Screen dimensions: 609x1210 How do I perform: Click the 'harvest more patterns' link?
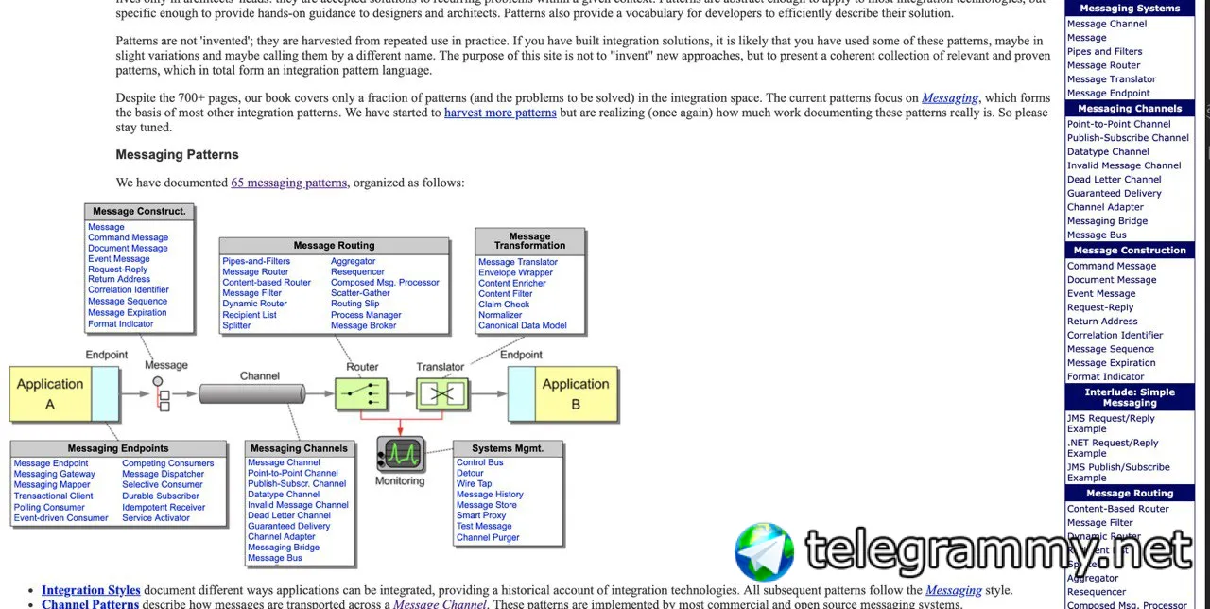pyautogui.click(x=500, y=113)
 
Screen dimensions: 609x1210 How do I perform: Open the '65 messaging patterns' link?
pyautogui.click(x=288, y=183)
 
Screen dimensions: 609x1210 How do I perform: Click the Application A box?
pyautogui.click(x=51, y=393)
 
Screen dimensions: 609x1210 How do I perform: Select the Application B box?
pyautogui.click(x=575, y=393)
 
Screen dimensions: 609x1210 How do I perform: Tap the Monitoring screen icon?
pyautogui.click(x=400, y=454)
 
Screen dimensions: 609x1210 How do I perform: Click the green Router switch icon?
pyautogui.click(x=361, y=392)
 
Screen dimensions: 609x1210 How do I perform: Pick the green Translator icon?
pyautogui.click(x=441, y=392)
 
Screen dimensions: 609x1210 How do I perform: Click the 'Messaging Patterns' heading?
pyautogui.click(x=177, y=154)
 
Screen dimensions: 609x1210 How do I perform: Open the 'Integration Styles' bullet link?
pyautogui.click(x=91, y=590)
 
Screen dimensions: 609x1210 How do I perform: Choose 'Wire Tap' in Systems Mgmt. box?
pyautogui.click(x=474, y=483)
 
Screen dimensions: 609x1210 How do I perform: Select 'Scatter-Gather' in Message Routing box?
pyautogui.click(x=360, y=293)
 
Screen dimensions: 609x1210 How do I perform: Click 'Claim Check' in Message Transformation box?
pyautogui.click(x=504, y=304)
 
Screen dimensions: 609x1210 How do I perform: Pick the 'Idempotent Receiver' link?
pyautogui.click(x=164, y=507)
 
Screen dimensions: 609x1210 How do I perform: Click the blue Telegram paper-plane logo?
pyautogui.click(x=764, y=552)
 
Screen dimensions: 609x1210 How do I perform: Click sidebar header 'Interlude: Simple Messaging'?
pyautogui.click(x=1130, y=397)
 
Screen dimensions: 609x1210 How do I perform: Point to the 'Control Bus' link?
pyautogui.click(x=480, y=462)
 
